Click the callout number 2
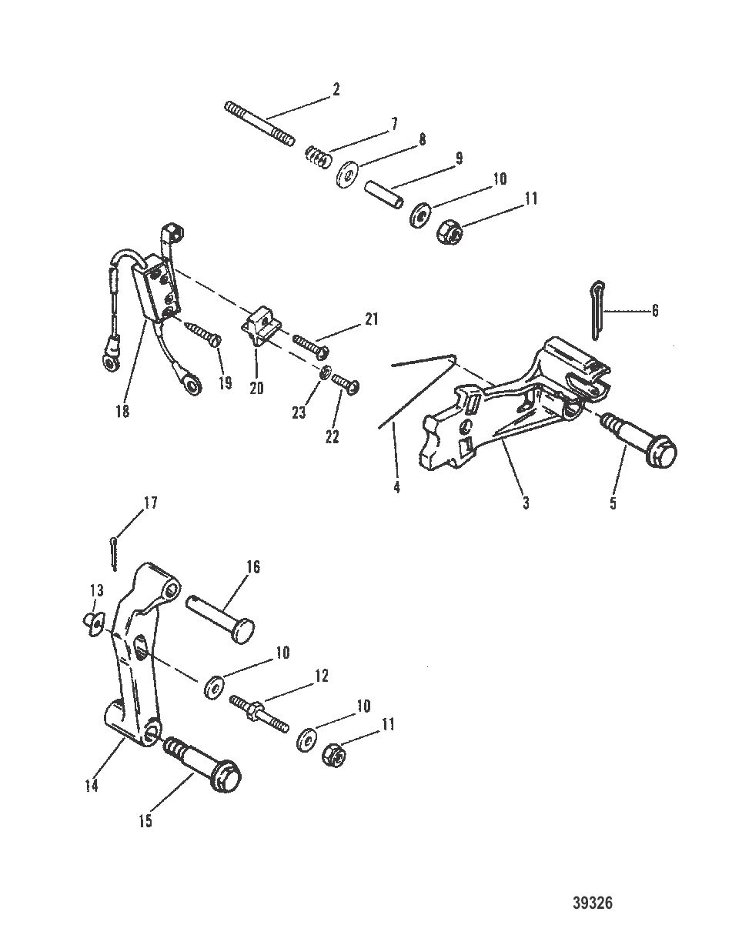point(336,89)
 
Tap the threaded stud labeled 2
point(259,124)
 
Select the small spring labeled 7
point(317,157)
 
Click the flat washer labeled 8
point(347,175)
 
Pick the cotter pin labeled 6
point(596,309)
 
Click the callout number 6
point(654,311)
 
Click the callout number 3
point(526,503)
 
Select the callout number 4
point(396,487)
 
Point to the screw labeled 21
point(311,345)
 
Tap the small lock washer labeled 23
point(325,372)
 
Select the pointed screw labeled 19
point(202,333)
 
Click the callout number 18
point(122,412)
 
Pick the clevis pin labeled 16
point(220,619)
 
